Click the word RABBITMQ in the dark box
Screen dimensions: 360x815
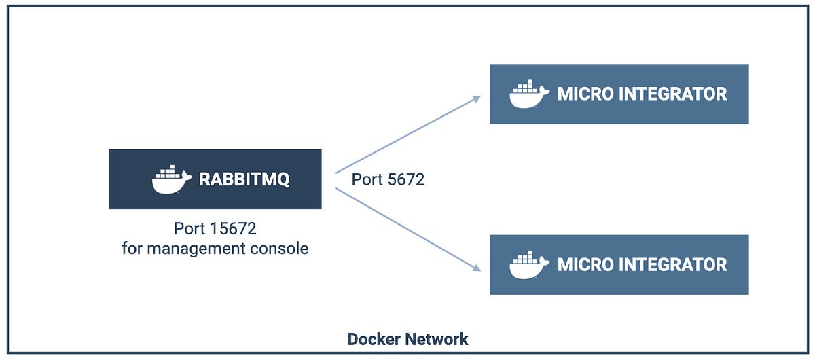(x=244, y=179)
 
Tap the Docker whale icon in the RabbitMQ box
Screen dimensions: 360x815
(x=170, y=179)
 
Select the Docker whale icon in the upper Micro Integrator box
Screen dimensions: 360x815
(x=528, y=94)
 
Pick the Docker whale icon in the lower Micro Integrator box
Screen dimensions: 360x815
(x=528, y=265)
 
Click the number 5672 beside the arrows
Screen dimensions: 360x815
(x=406, y=180)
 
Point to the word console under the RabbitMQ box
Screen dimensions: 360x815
(x=283, y=249)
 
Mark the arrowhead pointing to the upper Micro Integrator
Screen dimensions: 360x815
(x=477, y=98)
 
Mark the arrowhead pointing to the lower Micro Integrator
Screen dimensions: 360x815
(x=477, y=268)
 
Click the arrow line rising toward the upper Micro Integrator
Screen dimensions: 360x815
(x=407, y=135)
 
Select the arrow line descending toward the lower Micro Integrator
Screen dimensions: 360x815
(x=407, y=230)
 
